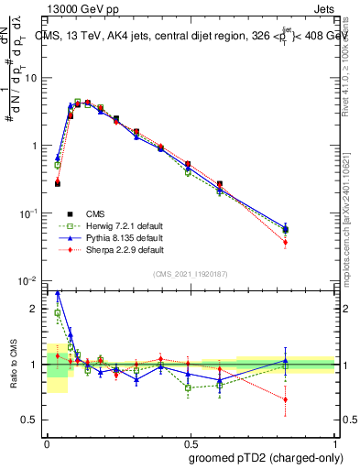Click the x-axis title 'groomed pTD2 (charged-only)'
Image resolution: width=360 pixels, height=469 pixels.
click(x=261, y=457)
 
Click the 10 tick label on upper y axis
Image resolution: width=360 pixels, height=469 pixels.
click(x=30, y=78)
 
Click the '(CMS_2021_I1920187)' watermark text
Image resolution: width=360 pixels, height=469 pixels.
click(x=190, y=273)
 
